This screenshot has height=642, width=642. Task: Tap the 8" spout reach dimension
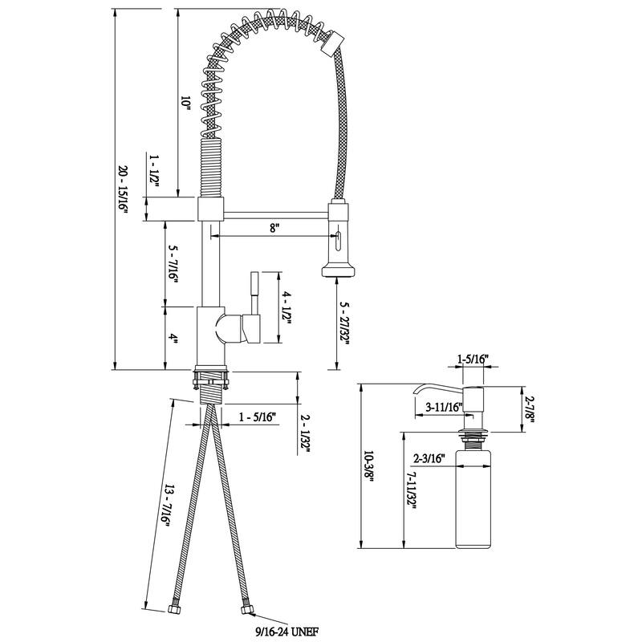(274, 228)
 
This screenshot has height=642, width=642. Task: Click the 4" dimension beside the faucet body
(173, 338)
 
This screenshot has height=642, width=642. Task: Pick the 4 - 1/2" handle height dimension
(286, 306)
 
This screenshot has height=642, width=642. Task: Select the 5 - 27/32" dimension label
(344, 326)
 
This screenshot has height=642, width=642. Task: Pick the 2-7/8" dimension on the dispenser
(528, 408)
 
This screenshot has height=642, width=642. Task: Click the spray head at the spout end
(339, 241)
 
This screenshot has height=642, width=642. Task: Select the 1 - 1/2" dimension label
(155, 171)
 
